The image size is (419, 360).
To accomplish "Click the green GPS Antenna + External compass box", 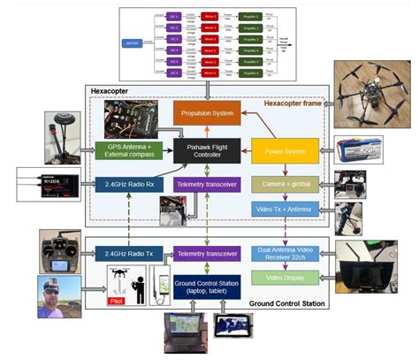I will (x=130, y=151).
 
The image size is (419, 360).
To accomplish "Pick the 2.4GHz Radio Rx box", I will (x=130, y=184).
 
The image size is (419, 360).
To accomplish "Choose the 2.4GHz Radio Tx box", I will (x=129, y=255).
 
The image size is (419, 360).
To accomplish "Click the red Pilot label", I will (x=115, y=300).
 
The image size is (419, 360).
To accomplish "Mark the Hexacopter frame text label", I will (x=295, y=103).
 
